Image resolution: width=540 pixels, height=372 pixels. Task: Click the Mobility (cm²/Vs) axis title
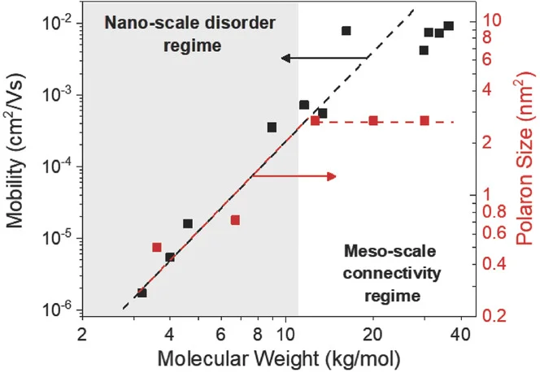tap(16, 162)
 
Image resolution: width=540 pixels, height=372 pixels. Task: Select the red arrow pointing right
tap(294, 175)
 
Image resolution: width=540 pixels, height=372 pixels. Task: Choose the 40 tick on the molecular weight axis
tap(459, 333)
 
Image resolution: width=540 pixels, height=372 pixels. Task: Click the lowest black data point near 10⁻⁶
tap(142, 292)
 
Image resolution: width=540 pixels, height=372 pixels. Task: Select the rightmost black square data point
tap(449, 26)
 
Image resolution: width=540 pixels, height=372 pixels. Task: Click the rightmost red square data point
tap(425, 121)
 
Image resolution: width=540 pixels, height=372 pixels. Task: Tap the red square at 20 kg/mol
tap(373, 121)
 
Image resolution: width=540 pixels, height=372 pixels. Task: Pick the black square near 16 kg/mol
tap(346, 31)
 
